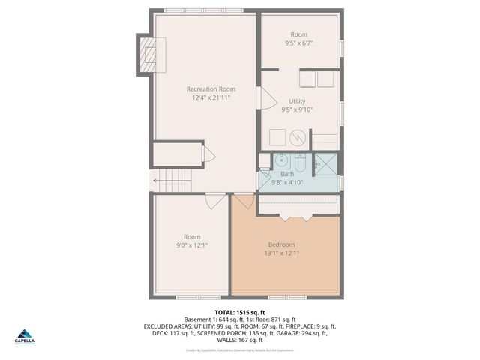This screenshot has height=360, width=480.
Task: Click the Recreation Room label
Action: click(x=211, y=88)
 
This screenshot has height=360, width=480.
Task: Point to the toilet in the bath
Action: click(x=299, y=162)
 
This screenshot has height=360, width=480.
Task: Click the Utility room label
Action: click(x=297, y=100)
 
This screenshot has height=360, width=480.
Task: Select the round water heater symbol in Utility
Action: click(x=298, y=138)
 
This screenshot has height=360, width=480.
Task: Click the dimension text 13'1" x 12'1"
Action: click(x=281, y=253)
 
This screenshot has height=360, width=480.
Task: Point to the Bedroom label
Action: click(x=281, y=244)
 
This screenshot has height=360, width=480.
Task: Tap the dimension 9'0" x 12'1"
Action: click(x=192, y=245)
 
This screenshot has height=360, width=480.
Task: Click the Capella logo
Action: click(x=24, y=336)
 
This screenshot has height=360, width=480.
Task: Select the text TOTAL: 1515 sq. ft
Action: click(x=240, y=311)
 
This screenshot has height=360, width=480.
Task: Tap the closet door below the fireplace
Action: click(x=209, y=154)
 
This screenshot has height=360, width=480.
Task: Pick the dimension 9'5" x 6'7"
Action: click(x=299, y=43)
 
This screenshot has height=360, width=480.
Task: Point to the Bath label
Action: click(x=287, y=173)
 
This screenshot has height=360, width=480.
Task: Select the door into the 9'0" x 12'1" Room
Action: click(x=215, y=201)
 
